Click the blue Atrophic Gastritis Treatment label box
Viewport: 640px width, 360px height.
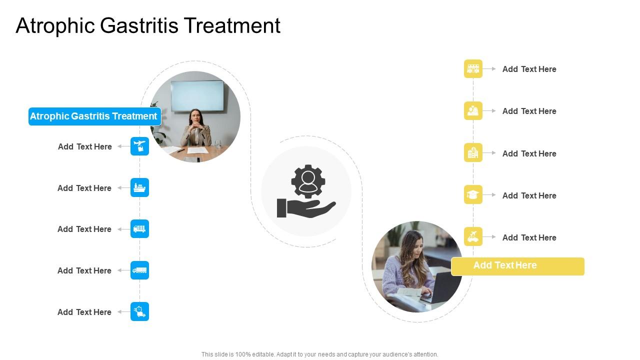(x=94, y=116)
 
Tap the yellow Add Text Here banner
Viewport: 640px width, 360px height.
(x=517, y=266)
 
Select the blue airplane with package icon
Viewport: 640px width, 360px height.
(x=140, y=146)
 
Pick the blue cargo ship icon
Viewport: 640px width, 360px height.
(x=140, y=187)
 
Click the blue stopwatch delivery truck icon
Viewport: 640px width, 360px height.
(x=140, y=311)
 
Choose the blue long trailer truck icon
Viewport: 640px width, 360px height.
(x=140, y=270)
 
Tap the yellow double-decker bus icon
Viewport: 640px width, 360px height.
(x=473, y=69)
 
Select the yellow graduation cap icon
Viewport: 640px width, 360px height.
(x=473, y=195)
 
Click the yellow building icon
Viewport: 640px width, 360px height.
(x=473, y=153)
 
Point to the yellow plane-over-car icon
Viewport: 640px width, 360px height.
(x=473, y=236)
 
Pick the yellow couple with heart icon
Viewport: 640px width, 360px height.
(x=473, y=111)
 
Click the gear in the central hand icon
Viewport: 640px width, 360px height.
(x=308, y=181)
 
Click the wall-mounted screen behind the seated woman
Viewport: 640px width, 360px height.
(x=197, y=95)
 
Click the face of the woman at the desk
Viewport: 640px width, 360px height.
(x=195, y=116)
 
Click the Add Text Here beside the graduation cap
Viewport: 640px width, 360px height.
(x=529, y=195)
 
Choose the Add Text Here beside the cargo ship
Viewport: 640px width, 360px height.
(x=84, y=188)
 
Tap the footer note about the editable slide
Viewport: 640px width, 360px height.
(x=319, y=354)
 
